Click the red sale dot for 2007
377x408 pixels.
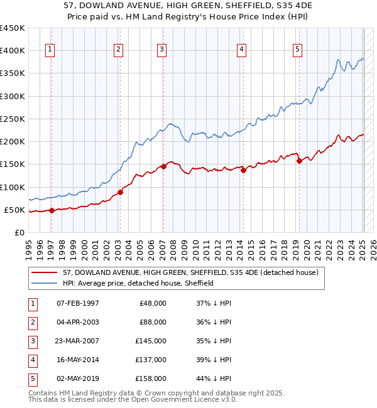pyautogui.click(x=163, y=166)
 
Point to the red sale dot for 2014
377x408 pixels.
pyautogui.click(x=243, y=170)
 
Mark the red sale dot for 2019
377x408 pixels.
pyautogui.click(x=299, y=161)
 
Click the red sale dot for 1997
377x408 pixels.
pyautogui.click(x=52, y=210)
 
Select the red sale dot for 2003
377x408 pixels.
pyautogui.click(x=120, y=192)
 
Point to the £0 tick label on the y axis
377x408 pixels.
pyautogui.click(x=19, y=232)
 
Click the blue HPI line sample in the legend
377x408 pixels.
pyautogui.click(x=45, y=283)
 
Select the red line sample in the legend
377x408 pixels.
pyautogui.click(x=45, y=272)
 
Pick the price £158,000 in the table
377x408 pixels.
pyautogui.click(x=151, y=378)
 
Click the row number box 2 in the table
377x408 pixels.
pyautogui.click(x=32, y=322)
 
